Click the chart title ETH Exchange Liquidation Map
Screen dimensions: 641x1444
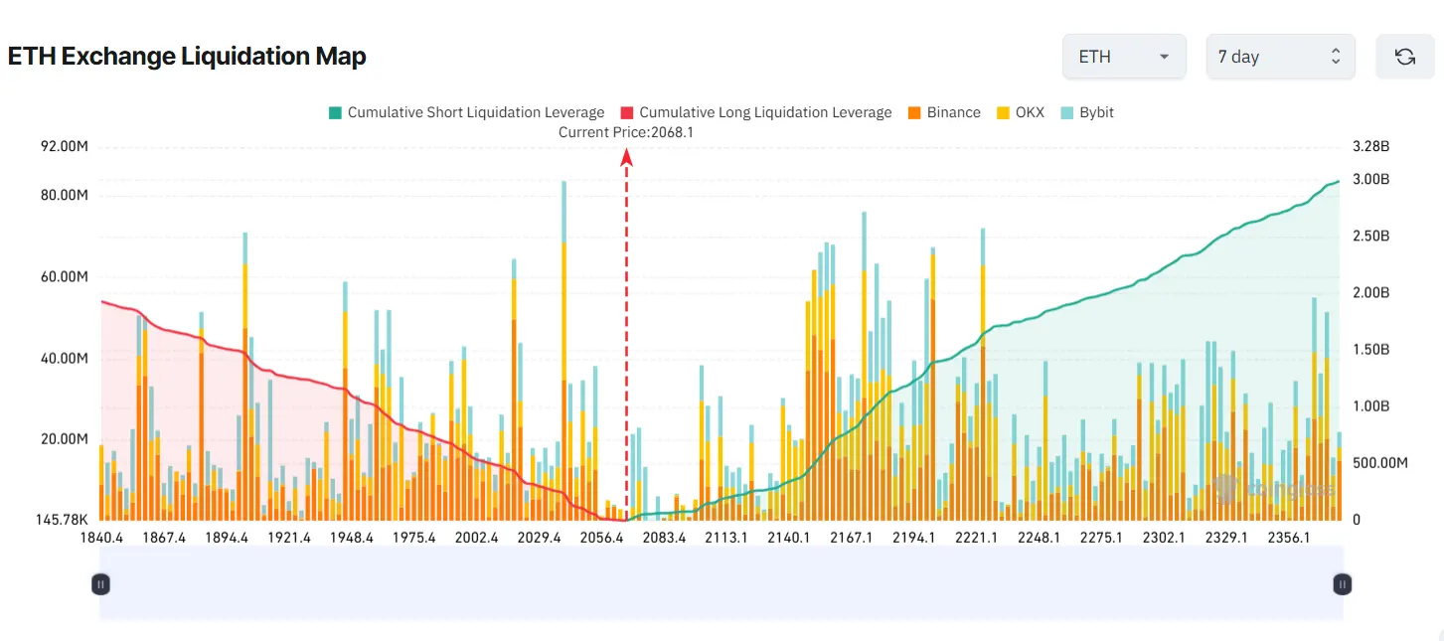187,57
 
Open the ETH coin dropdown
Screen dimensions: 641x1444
1123,57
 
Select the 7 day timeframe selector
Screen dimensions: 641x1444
1279,57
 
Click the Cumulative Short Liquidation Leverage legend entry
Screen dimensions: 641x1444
466,112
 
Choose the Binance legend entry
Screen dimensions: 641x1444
943,112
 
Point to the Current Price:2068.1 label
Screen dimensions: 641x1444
625,132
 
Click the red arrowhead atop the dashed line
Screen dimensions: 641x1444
627,156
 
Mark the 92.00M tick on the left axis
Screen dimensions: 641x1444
64,147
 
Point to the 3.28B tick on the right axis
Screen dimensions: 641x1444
1370,147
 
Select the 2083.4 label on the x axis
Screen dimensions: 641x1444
664,538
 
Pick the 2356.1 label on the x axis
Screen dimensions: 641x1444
1288,538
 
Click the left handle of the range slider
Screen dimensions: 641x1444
100,584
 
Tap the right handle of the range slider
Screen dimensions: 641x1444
1342,584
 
